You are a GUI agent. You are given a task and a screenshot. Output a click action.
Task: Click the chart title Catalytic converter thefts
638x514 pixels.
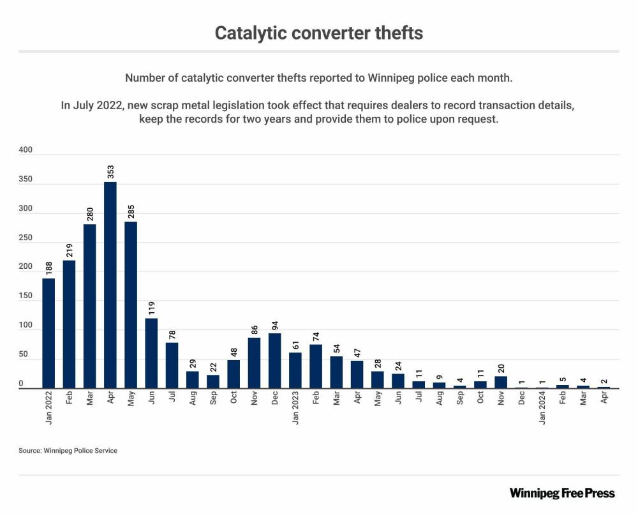pos(318,33)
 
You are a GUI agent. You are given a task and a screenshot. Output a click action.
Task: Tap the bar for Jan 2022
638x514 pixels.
pos(48,333)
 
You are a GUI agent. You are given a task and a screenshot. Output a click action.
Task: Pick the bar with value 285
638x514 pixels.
pos(131,305)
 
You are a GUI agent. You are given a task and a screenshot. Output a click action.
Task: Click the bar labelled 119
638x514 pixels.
pos(151,353)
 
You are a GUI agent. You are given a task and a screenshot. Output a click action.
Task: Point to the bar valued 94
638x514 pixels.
pos(274,361)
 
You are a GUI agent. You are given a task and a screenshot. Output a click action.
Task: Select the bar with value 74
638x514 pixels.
pos(316,366)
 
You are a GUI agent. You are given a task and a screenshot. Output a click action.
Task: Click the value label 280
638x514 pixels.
pos(90,214)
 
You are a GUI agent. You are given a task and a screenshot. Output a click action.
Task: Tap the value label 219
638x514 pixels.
pos(70,250)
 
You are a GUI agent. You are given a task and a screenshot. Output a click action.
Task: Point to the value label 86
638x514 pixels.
pos(254,329)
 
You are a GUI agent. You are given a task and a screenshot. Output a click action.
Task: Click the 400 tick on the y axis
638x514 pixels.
pos(26,149)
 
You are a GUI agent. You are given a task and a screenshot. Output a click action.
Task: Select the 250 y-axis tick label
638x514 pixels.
pos(26,238)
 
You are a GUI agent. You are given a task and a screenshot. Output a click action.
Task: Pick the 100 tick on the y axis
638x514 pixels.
pos(26,326)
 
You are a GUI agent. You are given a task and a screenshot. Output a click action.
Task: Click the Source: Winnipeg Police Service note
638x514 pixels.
pos(68,451)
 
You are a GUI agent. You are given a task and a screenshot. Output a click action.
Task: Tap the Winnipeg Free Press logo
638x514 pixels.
pos(562,493)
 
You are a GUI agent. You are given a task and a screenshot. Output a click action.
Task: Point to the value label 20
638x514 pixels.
pos(500,368)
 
